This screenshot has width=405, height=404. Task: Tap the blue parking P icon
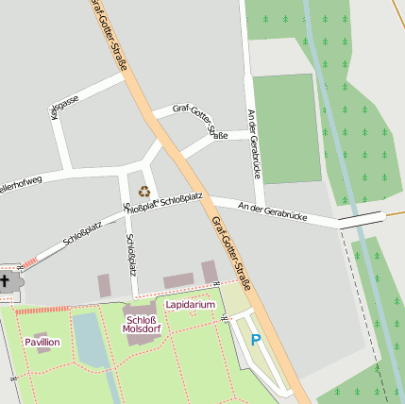coord(255,339)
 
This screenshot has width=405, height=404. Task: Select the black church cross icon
coord(5,281)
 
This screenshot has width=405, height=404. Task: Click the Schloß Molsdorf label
coord(142,324)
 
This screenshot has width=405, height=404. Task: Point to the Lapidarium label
coord(190,305)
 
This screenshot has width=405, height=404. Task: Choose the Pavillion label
coord(42,342)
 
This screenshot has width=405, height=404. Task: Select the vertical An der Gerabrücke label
coord(252,143)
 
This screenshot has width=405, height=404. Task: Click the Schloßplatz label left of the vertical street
coord(82,232)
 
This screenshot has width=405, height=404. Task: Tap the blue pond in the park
coord(91,340)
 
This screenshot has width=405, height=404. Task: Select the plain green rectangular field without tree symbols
coord(287,127)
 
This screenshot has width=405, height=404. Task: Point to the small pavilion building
coord(42,332)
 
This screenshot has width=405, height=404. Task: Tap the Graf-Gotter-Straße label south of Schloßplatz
coord(231,252)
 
